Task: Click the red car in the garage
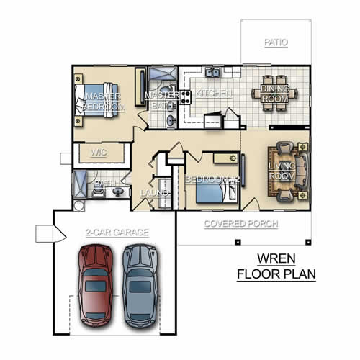[x=96, y=286]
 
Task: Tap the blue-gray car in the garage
[x=140, y=286]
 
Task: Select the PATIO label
[x=276, y=42]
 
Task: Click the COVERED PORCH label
[x=241, y=224]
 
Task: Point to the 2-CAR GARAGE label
[x=117, y=233]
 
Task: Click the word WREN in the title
[x=276, y=258]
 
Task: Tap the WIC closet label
[x=99, y=152]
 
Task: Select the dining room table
[x=275, y=93]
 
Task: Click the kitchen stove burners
[x=185, y=97]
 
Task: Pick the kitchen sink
[x=212, y=72]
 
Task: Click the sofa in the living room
[x=302, y=171]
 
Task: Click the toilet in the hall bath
[x=98, y=192]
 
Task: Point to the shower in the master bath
[x=163, y=73]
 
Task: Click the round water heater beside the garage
[x=78, y=206]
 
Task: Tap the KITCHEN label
[x=214, y=94]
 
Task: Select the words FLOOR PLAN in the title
[x=276, y=274]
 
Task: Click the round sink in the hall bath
[x=118, y=192]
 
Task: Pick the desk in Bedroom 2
[x=226, y=158]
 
